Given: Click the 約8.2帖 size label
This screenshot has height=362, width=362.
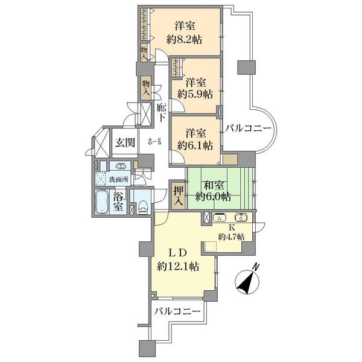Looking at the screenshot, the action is [184, 40].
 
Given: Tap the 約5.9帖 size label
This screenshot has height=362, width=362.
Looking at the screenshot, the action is [195, 94].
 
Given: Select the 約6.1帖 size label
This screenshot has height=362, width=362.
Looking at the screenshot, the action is [195, 145].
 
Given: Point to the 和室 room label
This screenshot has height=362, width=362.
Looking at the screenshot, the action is [213, 185].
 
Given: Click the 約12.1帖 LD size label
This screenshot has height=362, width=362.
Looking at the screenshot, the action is [177, 267].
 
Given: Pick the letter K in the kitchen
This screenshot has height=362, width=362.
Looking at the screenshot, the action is [232, 227].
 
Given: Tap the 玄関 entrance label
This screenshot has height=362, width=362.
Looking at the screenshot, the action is [125, 142].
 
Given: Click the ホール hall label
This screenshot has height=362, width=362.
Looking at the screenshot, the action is [154, 142].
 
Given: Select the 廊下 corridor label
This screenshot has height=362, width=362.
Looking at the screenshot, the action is [161, 112].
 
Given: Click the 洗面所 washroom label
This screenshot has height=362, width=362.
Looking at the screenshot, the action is [119, 179].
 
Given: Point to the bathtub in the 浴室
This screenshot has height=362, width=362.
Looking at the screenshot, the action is [101, 202].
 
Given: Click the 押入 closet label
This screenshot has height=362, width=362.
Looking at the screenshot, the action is [179, 195].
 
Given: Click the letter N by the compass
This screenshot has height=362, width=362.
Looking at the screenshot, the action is [255, 267].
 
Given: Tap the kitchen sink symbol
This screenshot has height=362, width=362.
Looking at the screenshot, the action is [241, 217].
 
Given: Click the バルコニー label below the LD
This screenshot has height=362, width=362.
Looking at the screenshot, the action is [177, 312].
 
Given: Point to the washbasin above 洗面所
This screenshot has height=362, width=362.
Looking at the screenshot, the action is [120, 166].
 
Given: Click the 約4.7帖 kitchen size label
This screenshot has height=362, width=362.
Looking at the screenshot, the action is [232, 237].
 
